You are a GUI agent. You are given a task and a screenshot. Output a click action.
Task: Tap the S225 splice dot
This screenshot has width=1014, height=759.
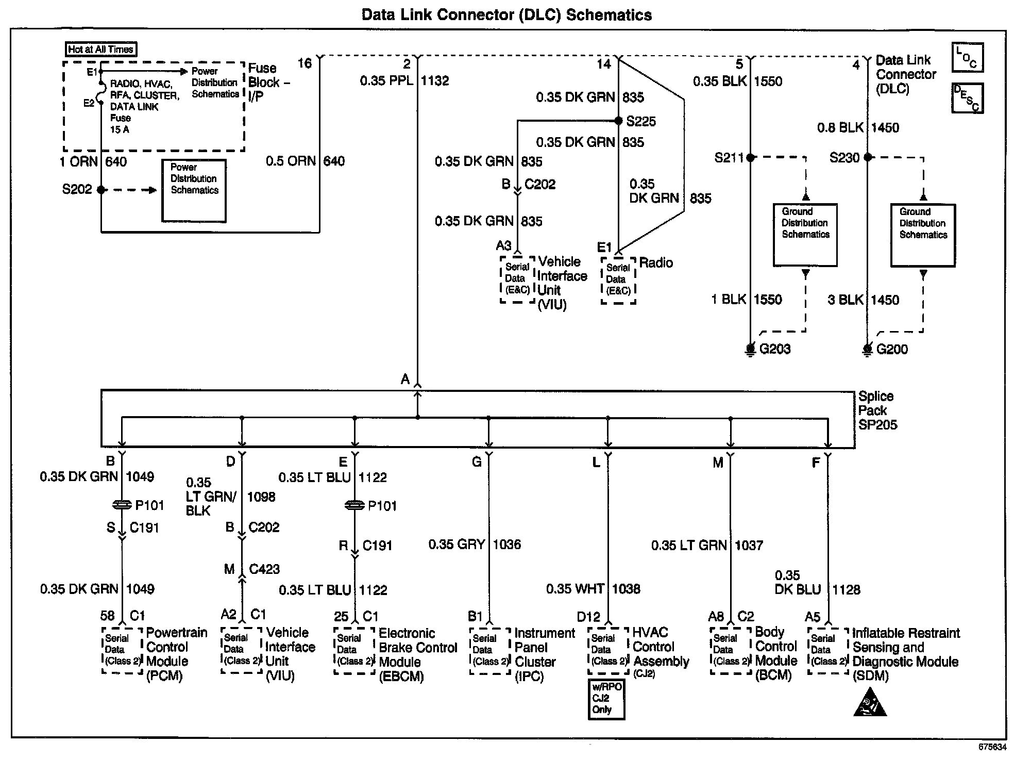(618, 121)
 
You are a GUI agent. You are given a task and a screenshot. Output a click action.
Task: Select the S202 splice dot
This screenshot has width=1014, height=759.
(101, 190)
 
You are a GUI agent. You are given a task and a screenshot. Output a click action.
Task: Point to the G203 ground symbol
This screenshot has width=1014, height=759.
(750, 350)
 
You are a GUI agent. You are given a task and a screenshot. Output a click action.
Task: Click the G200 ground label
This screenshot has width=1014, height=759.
(892, 350)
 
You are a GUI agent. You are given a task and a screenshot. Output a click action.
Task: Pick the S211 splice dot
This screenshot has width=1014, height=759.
(750, 157)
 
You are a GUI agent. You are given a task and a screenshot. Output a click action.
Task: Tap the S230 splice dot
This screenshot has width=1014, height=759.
(868, 157)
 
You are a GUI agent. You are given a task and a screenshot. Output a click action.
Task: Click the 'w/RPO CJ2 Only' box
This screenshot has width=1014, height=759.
(606, 699)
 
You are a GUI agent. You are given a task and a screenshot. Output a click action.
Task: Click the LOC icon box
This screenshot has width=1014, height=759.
(968, 57)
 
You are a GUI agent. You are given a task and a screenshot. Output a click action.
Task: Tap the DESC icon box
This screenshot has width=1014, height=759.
(968, 98)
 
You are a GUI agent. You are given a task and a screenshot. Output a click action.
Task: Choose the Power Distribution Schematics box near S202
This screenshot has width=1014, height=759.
(194, 191)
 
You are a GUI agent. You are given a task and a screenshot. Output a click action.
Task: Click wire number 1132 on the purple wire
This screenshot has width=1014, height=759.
(435, 80)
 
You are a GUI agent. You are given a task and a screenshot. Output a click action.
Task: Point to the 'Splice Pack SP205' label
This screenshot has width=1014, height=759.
(877, 410)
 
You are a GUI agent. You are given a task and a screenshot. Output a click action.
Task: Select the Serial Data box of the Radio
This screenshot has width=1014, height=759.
(618, 280)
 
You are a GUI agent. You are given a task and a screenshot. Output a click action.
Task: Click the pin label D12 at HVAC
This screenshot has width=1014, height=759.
(588, 617)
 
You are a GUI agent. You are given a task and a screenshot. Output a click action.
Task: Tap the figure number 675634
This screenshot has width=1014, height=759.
(992, 746)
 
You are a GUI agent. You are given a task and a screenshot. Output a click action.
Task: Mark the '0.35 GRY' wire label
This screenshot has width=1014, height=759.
(457, 544)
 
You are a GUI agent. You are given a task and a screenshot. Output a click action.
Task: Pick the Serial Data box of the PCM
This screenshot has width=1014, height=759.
(122, 650)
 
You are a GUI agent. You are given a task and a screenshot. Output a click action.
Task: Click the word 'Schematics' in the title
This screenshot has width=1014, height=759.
(609, 15)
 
